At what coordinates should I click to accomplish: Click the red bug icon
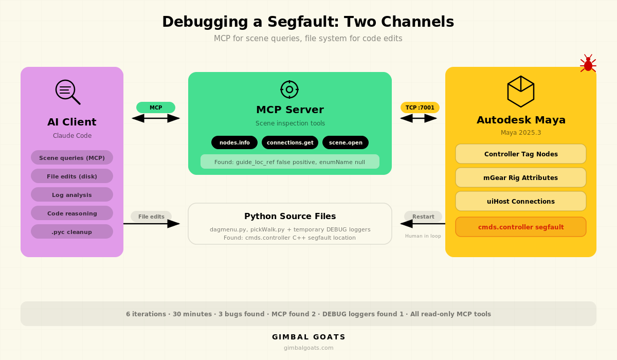coord(588,63)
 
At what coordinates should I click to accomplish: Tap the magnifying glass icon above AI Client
coord(67,92)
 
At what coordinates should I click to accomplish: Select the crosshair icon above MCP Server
coord(289,89)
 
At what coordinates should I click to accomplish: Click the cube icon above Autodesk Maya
coord(521,92)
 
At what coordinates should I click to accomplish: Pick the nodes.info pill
coord(234,142)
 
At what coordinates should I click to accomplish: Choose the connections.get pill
coord(290,142)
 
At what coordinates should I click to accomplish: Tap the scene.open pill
coord(346,142)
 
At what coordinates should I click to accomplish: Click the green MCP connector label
coord(156,107)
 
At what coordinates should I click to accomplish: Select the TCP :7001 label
coord(420,107)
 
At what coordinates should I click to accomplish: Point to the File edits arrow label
coord(151,217)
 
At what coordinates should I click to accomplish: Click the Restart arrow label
coord(423,217)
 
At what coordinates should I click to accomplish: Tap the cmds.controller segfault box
coord(521,227)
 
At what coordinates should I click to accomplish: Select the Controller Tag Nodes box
coord(521,154)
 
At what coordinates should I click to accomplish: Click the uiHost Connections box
coord(521,201)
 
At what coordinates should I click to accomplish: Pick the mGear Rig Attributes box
coord(521,177)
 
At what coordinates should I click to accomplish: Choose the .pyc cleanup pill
coord(72,231)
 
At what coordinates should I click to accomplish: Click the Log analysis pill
coord(72,194)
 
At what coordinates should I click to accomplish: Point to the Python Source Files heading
coord(290,217)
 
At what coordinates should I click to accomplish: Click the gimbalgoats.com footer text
coord(308,348)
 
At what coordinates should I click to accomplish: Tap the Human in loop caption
coord(423,236)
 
